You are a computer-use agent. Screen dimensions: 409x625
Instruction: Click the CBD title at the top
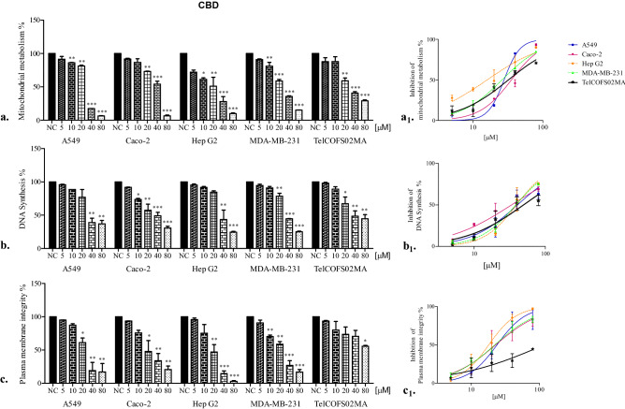click(208, 7)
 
